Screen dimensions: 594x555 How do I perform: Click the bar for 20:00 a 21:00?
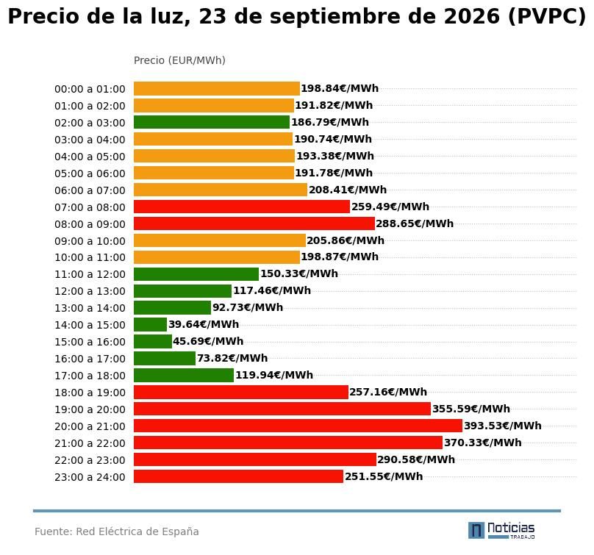tap(298, 426)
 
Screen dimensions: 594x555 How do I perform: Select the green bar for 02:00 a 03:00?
tap(212, 122)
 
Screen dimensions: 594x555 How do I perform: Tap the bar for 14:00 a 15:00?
tap(150, 325)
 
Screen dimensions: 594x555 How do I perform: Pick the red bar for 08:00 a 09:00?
tap(254, 223)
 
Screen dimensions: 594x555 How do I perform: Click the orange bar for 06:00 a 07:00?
tap(221, 190)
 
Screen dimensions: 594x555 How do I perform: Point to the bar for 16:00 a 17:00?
tap(165, 359)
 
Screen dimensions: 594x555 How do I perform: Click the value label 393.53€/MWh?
tap(503, 426)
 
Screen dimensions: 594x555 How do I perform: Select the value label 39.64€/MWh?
tap(204, 325)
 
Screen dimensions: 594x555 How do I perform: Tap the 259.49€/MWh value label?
tap(390, 207)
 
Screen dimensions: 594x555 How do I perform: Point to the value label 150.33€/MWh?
tap(299, 274)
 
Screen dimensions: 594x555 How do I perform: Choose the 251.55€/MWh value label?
tap(384, 476)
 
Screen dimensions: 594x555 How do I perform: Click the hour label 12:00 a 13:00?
tap(90, 291)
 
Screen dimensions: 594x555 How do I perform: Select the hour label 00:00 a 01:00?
tap(90, 89)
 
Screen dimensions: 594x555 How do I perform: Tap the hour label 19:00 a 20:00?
tap(90, 409)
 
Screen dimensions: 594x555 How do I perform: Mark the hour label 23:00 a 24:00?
tap(90, 477)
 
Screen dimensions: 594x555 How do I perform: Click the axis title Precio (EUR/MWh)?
tap(179, 60)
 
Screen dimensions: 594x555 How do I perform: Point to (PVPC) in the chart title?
tap(547, 17)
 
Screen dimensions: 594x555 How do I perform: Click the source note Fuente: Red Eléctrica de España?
tap(117, 531)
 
